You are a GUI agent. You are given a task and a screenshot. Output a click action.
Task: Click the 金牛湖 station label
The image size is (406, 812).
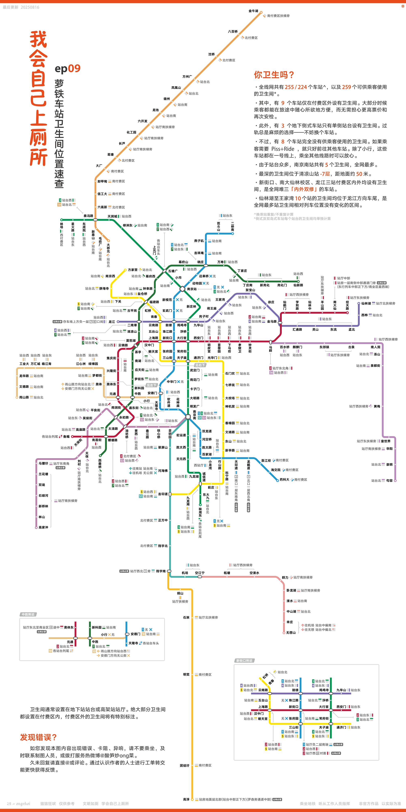click(253, 11)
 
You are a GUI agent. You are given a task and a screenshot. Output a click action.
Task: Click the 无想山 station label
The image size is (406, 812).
click(291, 632)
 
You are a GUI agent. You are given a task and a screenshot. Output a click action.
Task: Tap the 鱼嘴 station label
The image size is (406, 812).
click(66, 437)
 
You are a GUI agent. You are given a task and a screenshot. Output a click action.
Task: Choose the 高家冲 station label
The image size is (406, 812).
click(43, 527)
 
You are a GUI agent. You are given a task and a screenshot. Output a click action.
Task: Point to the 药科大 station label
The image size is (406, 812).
click(284, 479)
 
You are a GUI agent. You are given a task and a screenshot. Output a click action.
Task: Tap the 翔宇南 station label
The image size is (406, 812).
click(161, 571)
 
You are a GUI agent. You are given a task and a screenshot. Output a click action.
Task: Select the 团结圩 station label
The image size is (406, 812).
click(185, 765)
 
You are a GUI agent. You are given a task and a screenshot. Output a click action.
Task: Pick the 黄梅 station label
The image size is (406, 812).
click(377, 406)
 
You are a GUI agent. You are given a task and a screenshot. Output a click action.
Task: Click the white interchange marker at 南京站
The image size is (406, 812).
click(182, 289)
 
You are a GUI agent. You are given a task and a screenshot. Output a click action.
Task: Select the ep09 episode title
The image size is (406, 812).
click(67, 68)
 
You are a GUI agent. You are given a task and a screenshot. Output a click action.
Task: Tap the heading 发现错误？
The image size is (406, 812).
click(38, 737)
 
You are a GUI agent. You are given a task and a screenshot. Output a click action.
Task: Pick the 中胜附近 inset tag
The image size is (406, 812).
click(28, 614)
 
